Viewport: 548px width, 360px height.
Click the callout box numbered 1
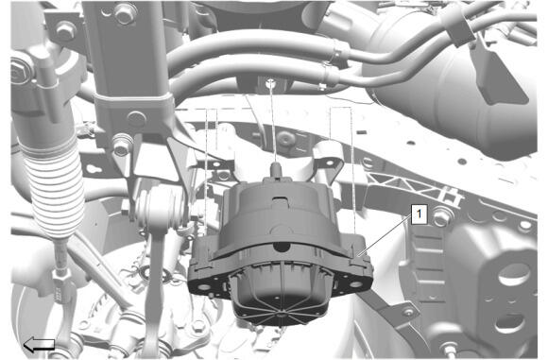point(420,214)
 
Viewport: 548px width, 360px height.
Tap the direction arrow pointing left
point(39,345)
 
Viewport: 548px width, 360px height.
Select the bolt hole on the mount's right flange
point(355,284)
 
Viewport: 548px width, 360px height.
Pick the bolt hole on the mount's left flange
point(204,287)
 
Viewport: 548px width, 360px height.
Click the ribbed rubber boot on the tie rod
point(55,184)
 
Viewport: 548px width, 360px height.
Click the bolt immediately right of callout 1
point(442,217)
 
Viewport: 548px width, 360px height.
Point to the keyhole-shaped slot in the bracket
point(93,169)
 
